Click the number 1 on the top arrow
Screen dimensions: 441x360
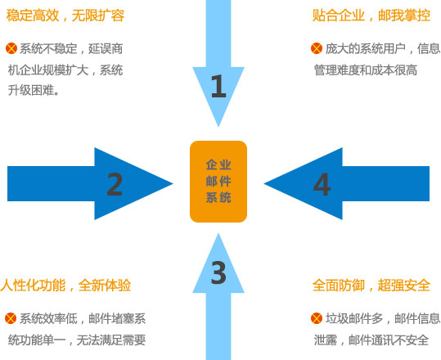218,86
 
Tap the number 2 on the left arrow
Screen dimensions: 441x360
115,184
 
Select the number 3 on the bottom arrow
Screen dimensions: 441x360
218,272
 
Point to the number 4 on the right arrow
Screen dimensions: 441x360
322,184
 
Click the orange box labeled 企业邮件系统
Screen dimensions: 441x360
218,182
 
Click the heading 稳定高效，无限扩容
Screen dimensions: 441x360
65,16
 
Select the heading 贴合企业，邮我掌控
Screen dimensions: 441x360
371,16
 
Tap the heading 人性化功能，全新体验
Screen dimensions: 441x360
65,286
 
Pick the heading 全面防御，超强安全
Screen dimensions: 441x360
371,286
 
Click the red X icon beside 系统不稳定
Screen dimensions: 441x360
11,48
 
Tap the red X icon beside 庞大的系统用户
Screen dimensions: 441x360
317,48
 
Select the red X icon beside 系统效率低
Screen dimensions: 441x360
11,318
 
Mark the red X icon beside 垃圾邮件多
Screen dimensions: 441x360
317,318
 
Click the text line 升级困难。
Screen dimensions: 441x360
34,90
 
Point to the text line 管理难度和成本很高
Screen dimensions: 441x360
366,70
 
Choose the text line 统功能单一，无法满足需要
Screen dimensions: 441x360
77,340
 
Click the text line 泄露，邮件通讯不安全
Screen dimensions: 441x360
371,340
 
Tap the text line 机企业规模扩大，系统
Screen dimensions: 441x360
65,70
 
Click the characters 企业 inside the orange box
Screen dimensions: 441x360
218,164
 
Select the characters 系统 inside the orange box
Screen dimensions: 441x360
218,198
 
